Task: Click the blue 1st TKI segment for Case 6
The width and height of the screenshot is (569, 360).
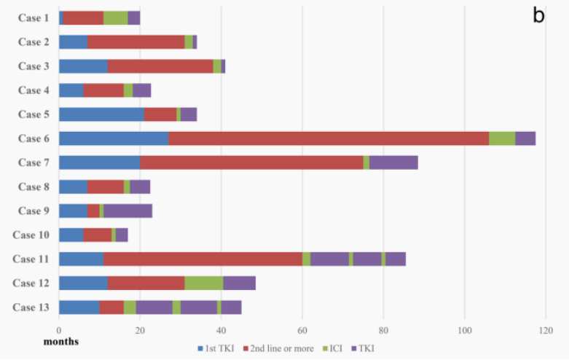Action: [114, 138]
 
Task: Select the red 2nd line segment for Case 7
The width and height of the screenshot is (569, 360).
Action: [251, 163]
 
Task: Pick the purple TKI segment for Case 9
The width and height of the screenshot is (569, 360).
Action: [127, 211]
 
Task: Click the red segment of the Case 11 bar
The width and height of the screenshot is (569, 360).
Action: [203, 259]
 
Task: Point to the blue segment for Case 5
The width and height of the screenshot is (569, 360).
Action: [101, 114]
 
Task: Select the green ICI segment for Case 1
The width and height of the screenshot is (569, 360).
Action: [115, 18]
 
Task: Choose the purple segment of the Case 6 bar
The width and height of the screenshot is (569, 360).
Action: [525, 138]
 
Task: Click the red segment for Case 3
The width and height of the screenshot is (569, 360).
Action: [160, 66]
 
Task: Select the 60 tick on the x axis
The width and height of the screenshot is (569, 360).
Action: [302, 329]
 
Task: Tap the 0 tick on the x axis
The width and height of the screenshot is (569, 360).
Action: [59, 329]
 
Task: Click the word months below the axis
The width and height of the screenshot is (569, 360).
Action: [61, 341]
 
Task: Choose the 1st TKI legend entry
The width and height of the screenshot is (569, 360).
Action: [216, 349]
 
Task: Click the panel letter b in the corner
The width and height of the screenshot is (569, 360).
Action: [538, 16]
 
